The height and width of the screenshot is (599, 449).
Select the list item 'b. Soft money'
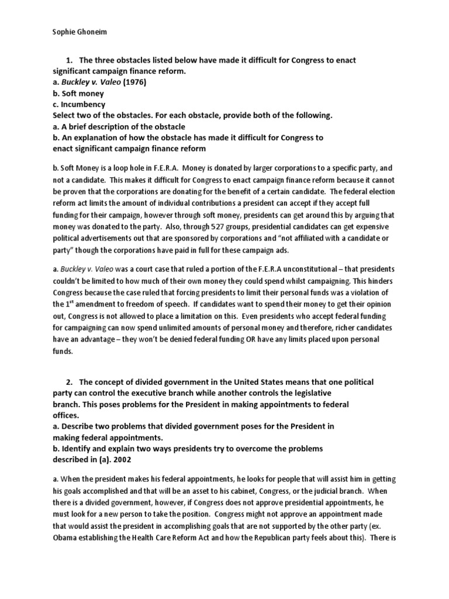point(78,94)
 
